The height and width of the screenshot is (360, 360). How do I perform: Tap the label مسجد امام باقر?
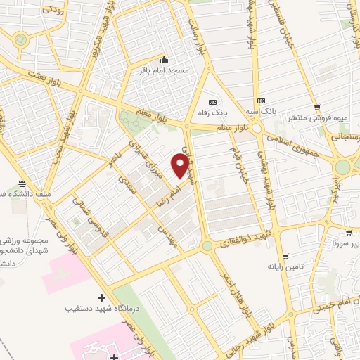click(165, 70)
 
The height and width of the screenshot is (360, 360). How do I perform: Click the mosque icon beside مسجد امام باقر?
click(165, 59)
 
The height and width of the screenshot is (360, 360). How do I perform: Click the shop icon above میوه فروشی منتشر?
click(317, 108)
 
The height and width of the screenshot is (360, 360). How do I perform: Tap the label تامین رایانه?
click(284, 267)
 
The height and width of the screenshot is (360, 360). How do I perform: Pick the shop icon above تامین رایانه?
click(284, 256)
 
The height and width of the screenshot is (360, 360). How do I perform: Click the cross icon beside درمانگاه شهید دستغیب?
click(102, 298)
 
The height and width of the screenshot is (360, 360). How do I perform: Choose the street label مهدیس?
click(167, 235)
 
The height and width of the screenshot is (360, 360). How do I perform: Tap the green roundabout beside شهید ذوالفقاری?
click(207, 246)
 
